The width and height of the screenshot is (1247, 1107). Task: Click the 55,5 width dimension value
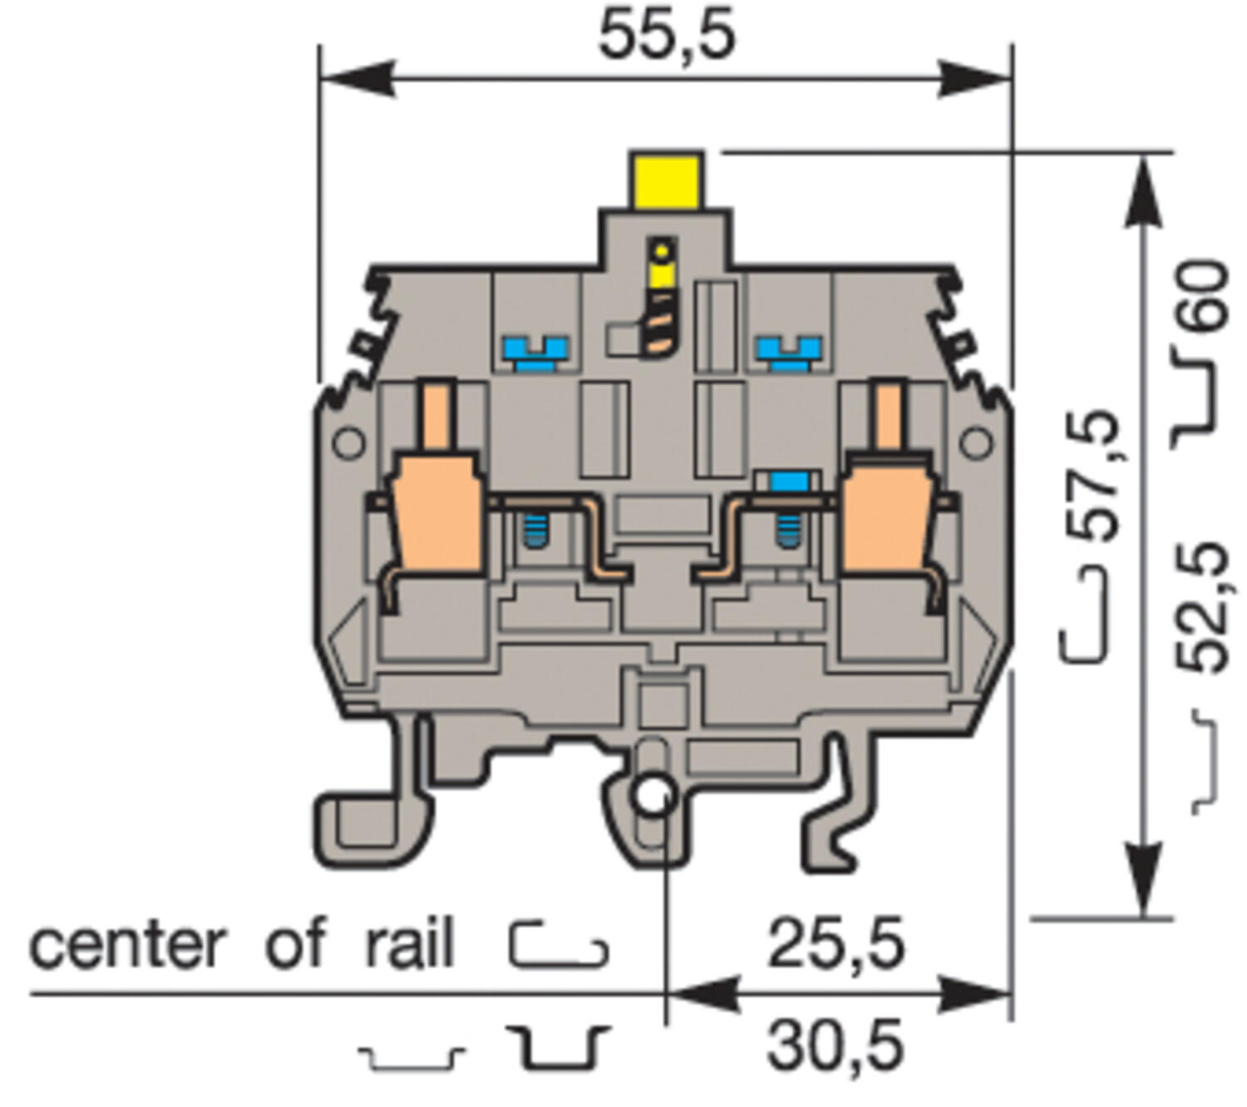click(x=667, y=36)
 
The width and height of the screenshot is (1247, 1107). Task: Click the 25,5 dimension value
click(x=835, y=945)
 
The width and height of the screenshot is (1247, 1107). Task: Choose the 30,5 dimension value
click(x=835, y=1046)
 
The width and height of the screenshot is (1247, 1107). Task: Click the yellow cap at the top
click(x=666, y=179)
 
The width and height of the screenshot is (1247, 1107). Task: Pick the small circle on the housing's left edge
click(x=348, y=442)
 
